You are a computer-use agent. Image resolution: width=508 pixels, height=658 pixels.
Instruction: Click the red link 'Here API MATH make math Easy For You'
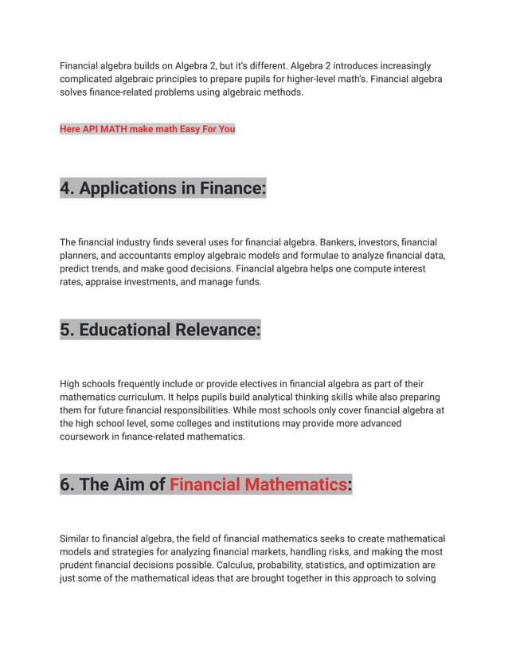[147, 129]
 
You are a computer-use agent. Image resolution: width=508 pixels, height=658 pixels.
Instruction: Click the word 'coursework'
[86, 437]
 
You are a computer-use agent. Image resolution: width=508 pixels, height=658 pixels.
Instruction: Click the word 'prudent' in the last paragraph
[78, 566]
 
